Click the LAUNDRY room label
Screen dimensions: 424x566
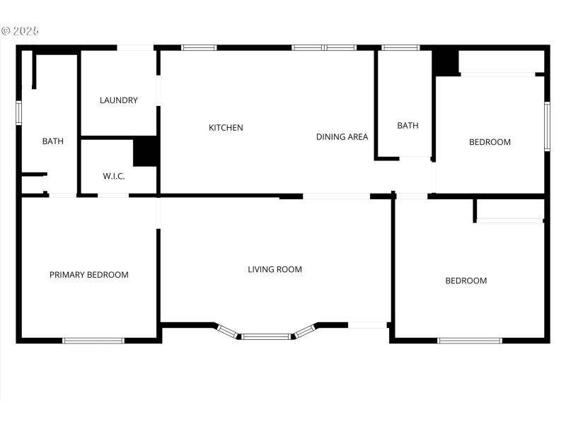119,100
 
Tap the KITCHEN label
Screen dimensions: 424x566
226,128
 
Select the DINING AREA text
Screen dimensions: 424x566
342,137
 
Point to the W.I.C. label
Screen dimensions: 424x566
114,176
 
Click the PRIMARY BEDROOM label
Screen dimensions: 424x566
89,275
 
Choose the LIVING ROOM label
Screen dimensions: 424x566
275,269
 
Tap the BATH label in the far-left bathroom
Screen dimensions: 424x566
53,141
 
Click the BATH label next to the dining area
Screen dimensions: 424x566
408,126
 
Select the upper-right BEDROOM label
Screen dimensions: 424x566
490,142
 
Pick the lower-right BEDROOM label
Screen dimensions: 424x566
466,281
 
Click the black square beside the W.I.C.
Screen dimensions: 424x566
145,151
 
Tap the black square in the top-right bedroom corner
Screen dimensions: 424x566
446,61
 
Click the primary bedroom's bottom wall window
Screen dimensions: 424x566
93,341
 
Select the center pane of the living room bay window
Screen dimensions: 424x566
266,336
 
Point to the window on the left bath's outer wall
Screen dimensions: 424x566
19,112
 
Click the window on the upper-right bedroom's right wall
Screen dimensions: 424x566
547,126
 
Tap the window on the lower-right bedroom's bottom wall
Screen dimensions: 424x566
470,341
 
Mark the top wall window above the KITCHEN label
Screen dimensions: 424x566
199,48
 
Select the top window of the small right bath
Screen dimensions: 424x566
400,48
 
